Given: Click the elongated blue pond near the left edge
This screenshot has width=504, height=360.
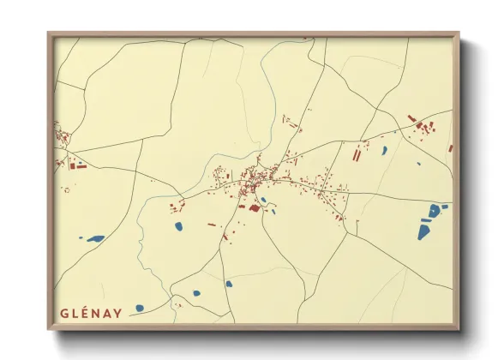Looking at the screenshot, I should pyautogui.click(x=96, y=238).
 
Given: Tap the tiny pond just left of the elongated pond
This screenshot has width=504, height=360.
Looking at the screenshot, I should pyautogui.click(x=81, y=237).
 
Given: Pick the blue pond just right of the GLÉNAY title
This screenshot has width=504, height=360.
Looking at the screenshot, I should pyautogui.click(x=197, y=294).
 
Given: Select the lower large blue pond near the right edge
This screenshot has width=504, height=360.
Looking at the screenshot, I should pyautogui.click(x=425, y=230).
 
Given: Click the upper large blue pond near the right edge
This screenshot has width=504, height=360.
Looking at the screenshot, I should pyautogui.click(x=435, y=210).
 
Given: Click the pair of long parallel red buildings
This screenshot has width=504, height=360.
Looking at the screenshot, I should pyautogui.click(x=356, y=154).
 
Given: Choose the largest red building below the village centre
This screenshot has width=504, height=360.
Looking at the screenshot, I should pyautogui.click(x=253, y=207).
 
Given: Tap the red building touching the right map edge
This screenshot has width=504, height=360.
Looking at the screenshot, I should pyautogui.click(x=450, y=148).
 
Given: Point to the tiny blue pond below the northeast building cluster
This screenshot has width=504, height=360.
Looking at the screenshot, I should pyautogui.click(x=418, y=163).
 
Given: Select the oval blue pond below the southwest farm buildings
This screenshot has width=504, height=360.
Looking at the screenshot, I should pyautogui.click(x=179, y=226).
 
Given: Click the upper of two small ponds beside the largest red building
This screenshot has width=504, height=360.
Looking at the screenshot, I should pyautogui.click(x=263, y=201).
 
